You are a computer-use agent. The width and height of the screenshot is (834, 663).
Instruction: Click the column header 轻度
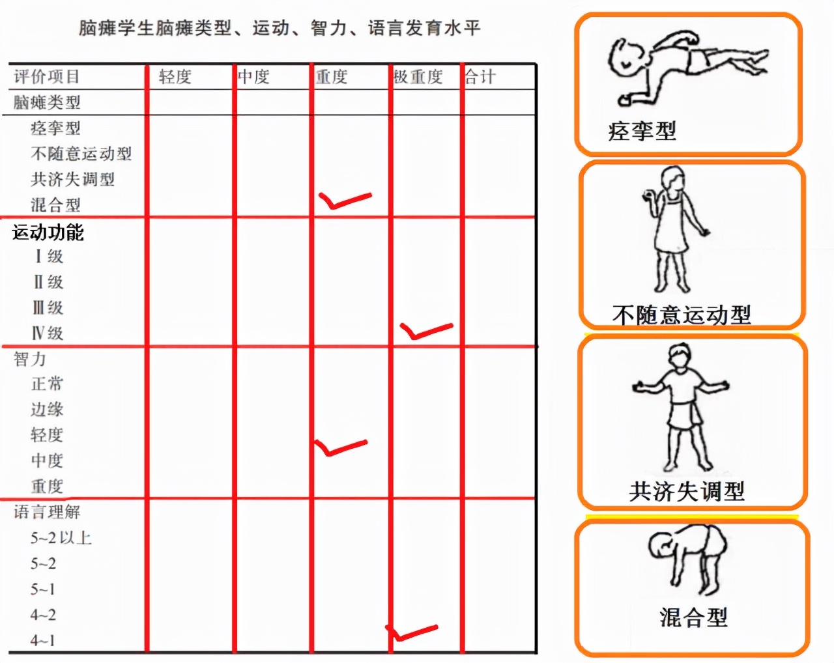175,77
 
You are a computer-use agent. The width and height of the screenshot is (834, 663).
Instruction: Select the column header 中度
253,77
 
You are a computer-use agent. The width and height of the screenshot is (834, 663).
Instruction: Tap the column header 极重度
418,77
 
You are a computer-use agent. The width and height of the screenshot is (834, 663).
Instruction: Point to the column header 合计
480,77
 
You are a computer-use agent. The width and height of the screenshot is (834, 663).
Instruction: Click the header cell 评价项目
47,77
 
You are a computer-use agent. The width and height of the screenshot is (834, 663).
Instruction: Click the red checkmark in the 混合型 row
343,200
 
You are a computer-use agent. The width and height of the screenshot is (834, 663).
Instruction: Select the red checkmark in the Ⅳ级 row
425,330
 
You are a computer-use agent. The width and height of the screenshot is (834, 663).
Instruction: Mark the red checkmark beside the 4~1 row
412,632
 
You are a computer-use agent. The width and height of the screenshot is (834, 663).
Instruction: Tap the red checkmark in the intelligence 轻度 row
340,447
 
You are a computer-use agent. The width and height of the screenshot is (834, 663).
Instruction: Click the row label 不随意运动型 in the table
81,154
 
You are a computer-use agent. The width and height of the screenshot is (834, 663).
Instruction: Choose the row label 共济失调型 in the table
72,179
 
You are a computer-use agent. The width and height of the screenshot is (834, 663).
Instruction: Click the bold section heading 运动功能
48,232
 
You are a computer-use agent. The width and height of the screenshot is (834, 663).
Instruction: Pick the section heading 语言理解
47,512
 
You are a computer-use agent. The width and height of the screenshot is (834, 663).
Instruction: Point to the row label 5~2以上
61,538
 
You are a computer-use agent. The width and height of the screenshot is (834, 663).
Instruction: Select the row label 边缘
47,409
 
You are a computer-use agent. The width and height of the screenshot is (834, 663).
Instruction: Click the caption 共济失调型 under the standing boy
687,491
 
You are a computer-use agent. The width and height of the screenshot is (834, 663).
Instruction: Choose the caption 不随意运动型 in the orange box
682,315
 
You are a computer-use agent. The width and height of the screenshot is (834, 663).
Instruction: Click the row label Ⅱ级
48,282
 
